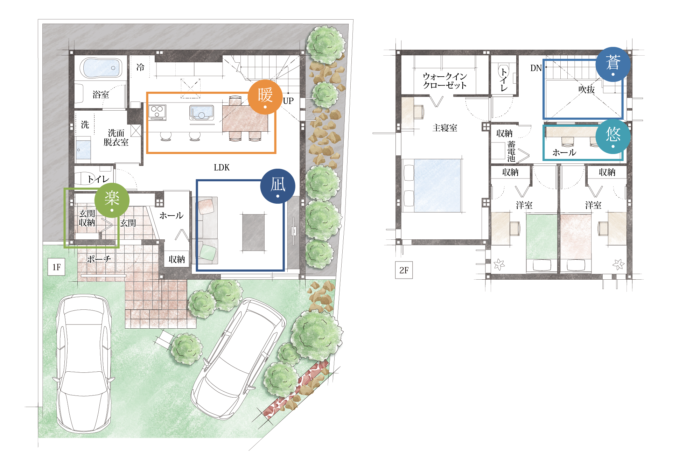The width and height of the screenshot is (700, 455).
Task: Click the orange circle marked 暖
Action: (x=265, y=97)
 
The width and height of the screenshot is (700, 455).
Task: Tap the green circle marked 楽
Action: (x=112, y=200)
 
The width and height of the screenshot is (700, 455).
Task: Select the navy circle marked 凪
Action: (x=278, y=186)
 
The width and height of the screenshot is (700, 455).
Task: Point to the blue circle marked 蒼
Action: (x=613, y=64)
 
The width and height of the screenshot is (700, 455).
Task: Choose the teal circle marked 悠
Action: (x=613, y=136)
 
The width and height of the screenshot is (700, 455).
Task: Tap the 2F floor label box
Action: (x=404, y=270)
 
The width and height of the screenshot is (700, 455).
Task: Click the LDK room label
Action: (x=222, y=168)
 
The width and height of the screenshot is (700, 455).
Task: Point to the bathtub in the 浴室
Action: (x=101, y=68)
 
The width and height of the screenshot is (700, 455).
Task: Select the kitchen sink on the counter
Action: (x=202, y=113)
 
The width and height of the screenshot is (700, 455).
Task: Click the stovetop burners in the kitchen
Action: (x=157, y=112)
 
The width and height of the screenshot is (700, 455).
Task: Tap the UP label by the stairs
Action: (x=288, y=101)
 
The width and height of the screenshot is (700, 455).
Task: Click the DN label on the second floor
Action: (x=536, y=68)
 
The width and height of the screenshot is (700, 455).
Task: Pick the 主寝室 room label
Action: (x=445, y=128)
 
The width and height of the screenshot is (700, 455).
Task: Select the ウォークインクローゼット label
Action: (x=445, y=81)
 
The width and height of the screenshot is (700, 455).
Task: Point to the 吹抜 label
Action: (x=587, y=90)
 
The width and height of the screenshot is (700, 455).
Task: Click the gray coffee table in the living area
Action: (x=254, y=232)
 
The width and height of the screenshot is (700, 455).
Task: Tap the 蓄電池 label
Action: (x=511, y=151)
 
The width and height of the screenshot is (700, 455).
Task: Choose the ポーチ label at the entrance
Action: (x=99, y=259)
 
